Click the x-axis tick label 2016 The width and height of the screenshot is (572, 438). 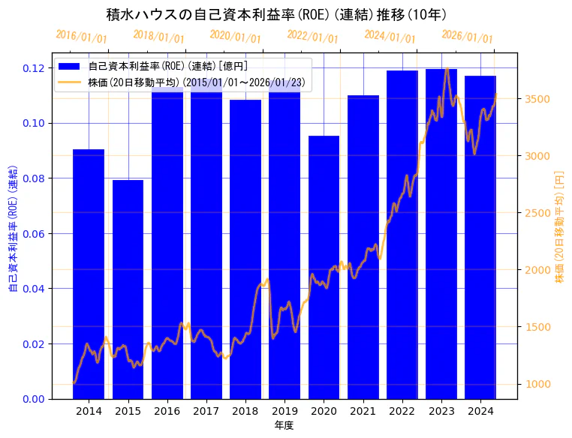pyautogui.click(x=167, y=411)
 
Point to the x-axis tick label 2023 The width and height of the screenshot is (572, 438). pyautogui.click(x=441, y=411)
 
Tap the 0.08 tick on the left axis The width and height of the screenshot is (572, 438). pyautogui.click(x=33, y=178)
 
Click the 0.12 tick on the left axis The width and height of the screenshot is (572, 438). pyautogui.click(x=33, y=68)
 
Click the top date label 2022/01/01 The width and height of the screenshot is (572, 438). pyautogui.click(x=313, y=37)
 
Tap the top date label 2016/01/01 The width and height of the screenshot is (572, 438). pyautogui.click(x=82, y=37)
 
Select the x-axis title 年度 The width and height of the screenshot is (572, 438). pyautogui.click(x=284, y=425)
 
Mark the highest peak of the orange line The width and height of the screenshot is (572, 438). pyautogui.click(x=447, y=69)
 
